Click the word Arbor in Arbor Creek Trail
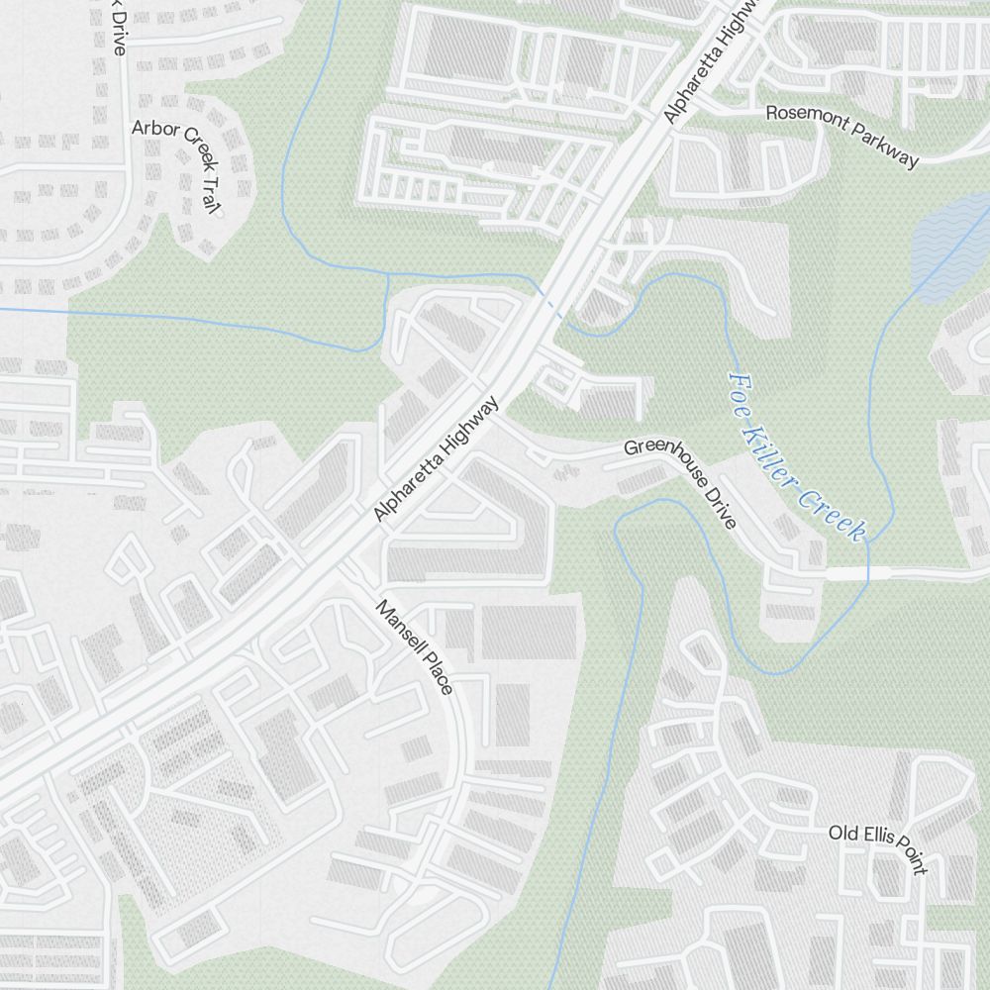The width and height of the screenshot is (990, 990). [154, 128]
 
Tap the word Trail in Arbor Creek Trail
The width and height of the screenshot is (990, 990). [208, 191]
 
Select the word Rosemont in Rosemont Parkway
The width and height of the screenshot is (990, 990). [803, 114]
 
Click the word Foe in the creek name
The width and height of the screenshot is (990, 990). [742, 388]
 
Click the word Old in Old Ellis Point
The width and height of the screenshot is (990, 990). [842, 833]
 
